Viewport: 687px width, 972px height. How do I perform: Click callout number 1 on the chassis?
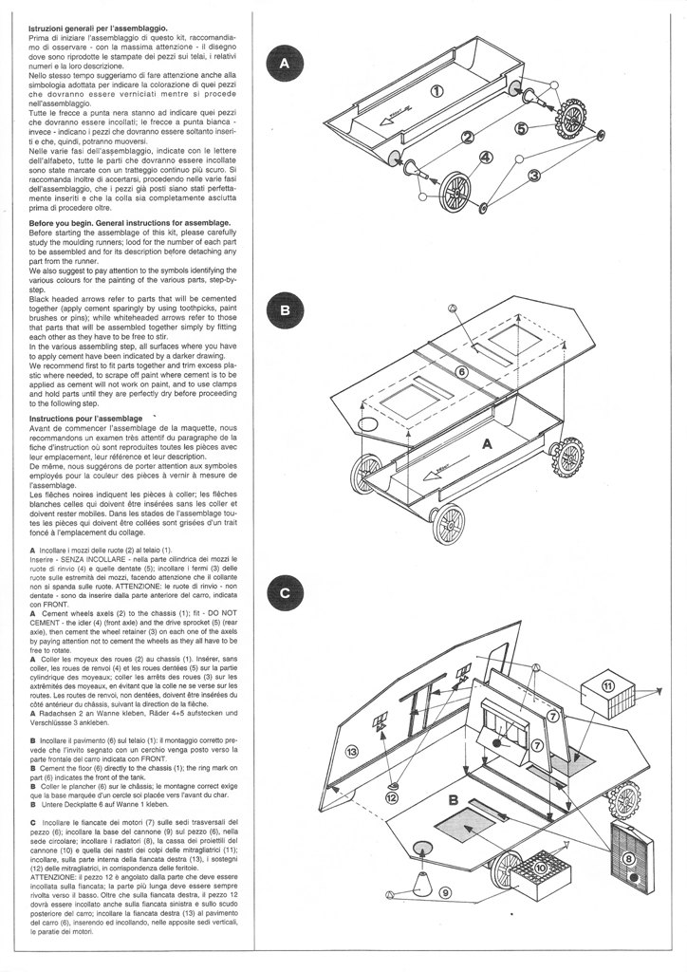pos(436,91)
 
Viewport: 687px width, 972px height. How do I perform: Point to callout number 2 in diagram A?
pos(468,138)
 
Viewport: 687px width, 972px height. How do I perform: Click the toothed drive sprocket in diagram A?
pos(572,118)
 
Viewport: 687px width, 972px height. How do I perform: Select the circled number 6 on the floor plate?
pos(462,372)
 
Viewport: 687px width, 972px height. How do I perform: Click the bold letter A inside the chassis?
pos(488,443)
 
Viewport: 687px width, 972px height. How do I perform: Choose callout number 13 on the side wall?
pos(350,751)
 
